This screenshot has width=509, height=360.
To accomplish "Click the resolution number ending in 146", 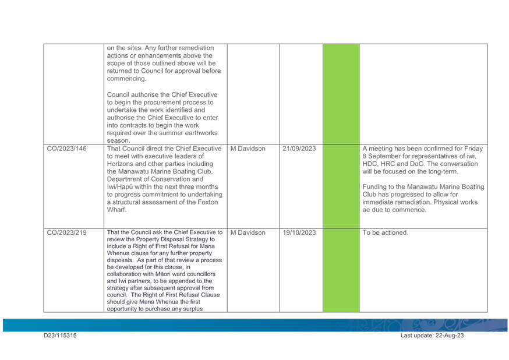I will (68, 149).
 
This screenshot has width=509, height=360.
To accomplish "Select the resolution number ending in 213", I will (68, 233).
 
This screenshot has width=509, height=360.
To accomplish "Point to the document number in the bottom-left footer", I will (61, 336).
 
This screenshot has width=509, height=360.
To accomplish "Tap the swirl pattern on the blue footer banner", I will (402, 324).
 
